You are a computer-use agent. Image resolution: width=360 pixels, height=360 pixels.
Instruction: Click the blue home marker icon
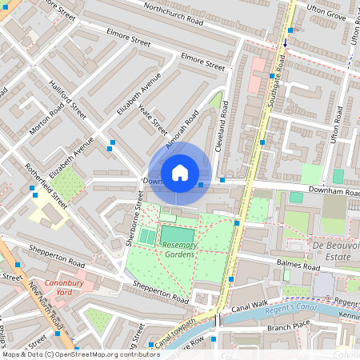point(180,173)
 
